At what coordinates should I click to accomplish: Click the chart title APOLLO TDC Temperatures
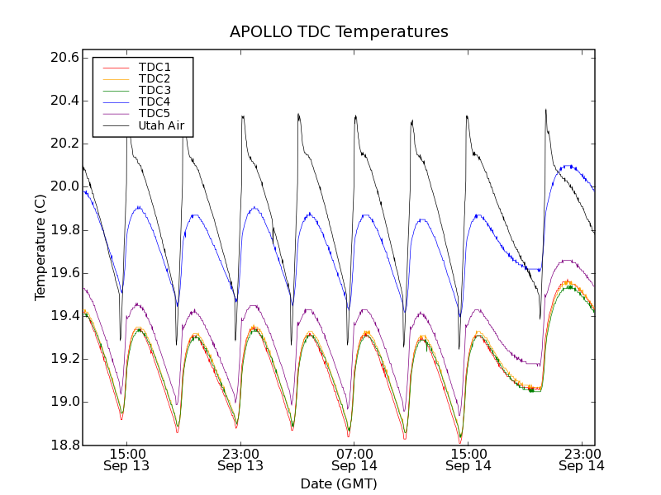[339, 32]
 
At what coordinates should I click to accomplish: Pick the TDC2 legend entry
[155, 79]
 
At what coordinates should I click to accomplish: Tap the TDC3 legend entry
[155, 91]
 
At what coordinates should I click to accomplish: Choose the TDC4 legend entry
[155, 102]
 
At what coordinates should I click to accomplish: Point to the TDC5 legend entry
[155, 114]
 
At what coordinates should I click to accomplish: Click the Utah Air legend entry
[161, 126]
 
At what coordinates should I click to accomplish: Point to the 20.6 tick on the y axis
[64, 58]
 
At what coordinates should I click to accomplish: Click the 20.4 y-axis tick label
[64, 101]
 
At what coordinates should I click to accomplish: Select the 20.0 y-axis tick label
[64, 186]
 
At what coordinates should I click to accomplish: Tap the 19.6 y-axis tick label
[64, 273]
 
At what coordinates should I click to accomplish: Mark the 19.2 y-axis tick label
[64, 359]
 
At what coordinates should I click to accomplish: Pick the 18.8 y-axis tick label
[64, 445]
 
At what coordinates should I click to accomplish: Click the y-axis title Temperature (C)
[40, 247]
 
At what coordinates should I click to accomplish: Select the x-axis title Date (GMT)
[339, 483]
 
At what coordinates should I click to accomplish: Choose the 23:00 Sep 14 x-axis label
[581, 460]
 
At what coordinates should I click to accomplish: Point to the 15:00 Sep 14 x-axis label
[468, 460]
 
